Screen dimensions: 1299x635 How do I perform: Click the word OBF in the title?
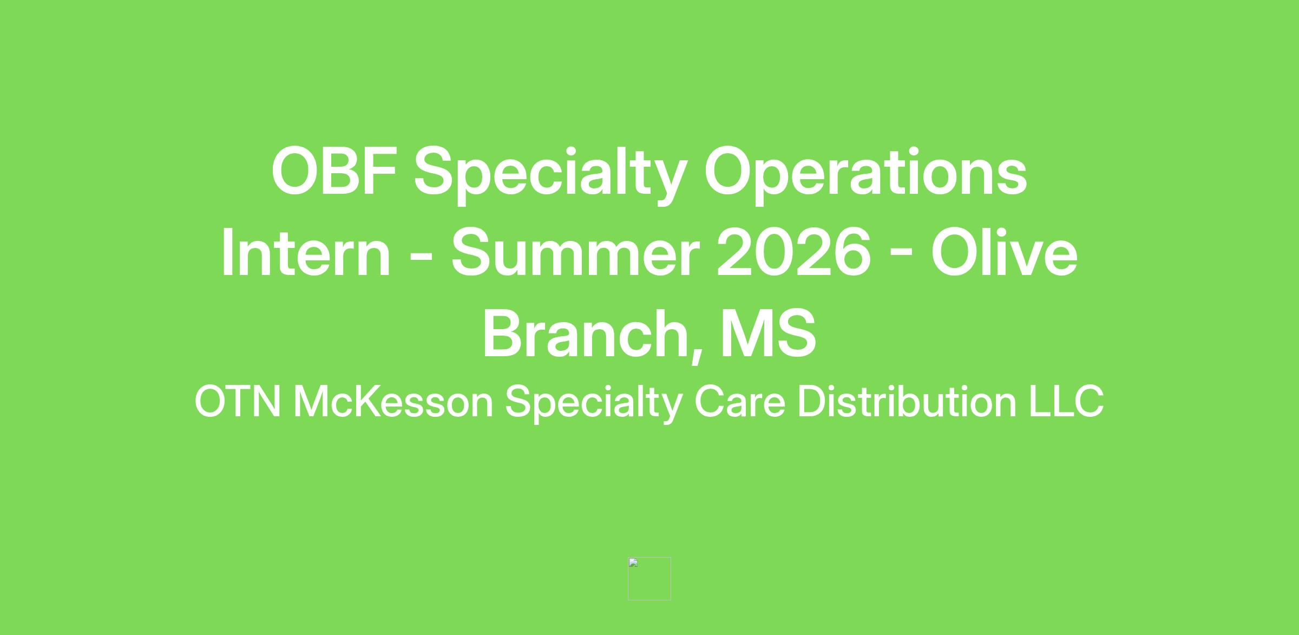[334, 171]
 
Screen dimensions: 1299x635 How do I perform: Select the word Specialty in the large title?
[550, 175]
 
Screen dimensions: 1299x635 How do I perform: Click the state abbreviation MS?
[768, 333]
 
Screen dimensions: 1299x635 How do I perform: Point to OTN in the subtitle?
[238, 402]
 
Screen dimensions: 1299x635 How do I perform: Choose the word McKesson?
[393, 402]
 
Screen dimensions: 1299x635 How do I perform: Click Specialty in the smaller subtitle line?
[593, 404]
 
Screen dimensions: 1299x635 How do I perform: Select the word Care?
[739, 402]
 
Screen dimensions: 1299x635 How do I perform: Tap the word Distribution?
[907, 401]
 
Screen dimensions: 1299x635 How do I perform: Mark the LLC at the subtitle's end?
[1066, 402]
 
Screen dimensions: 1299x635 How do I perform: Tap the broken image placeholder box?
[649, 579]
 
